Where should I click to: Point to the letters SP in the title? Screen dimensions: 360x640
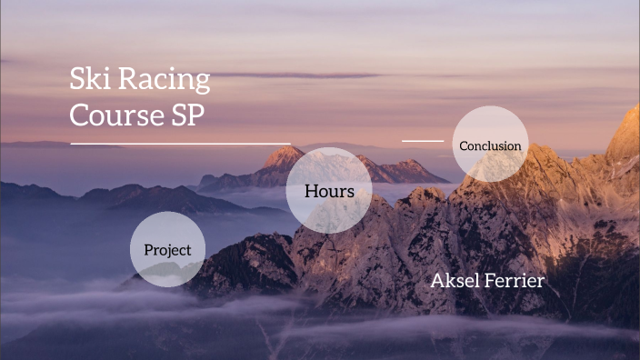[190, 115]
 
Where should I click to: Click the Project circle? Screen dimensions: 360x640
[167, 249]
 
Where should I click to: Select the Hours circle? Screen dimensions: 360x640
[329, 191]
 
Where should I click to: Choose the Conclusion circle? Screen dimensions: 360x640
[490, 145]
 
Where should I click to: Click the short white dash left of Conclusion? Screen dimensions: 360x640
[422, 141]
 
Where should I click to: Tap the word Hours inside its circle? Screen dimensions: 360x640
[329, 192]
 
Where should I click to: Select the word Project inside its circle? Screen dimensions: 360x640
[167, 250]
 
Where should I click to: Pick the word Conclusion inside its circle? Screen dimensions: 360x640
[490, 145]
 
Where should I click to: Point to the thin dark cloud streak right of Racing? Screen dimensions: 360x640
[300, 75]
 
